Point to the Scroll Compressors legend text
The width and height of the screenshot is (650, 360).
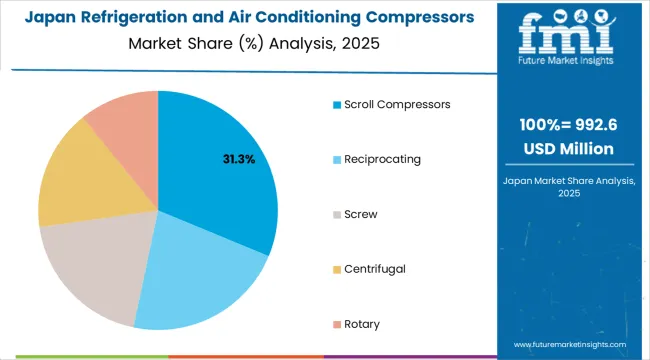[x=396, y=104]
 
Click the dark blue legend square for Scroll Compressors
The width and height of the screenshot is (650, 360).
[x=338, y=104]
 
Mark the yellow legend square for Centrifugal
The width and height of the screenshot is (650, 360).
[x=338, y=268]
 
